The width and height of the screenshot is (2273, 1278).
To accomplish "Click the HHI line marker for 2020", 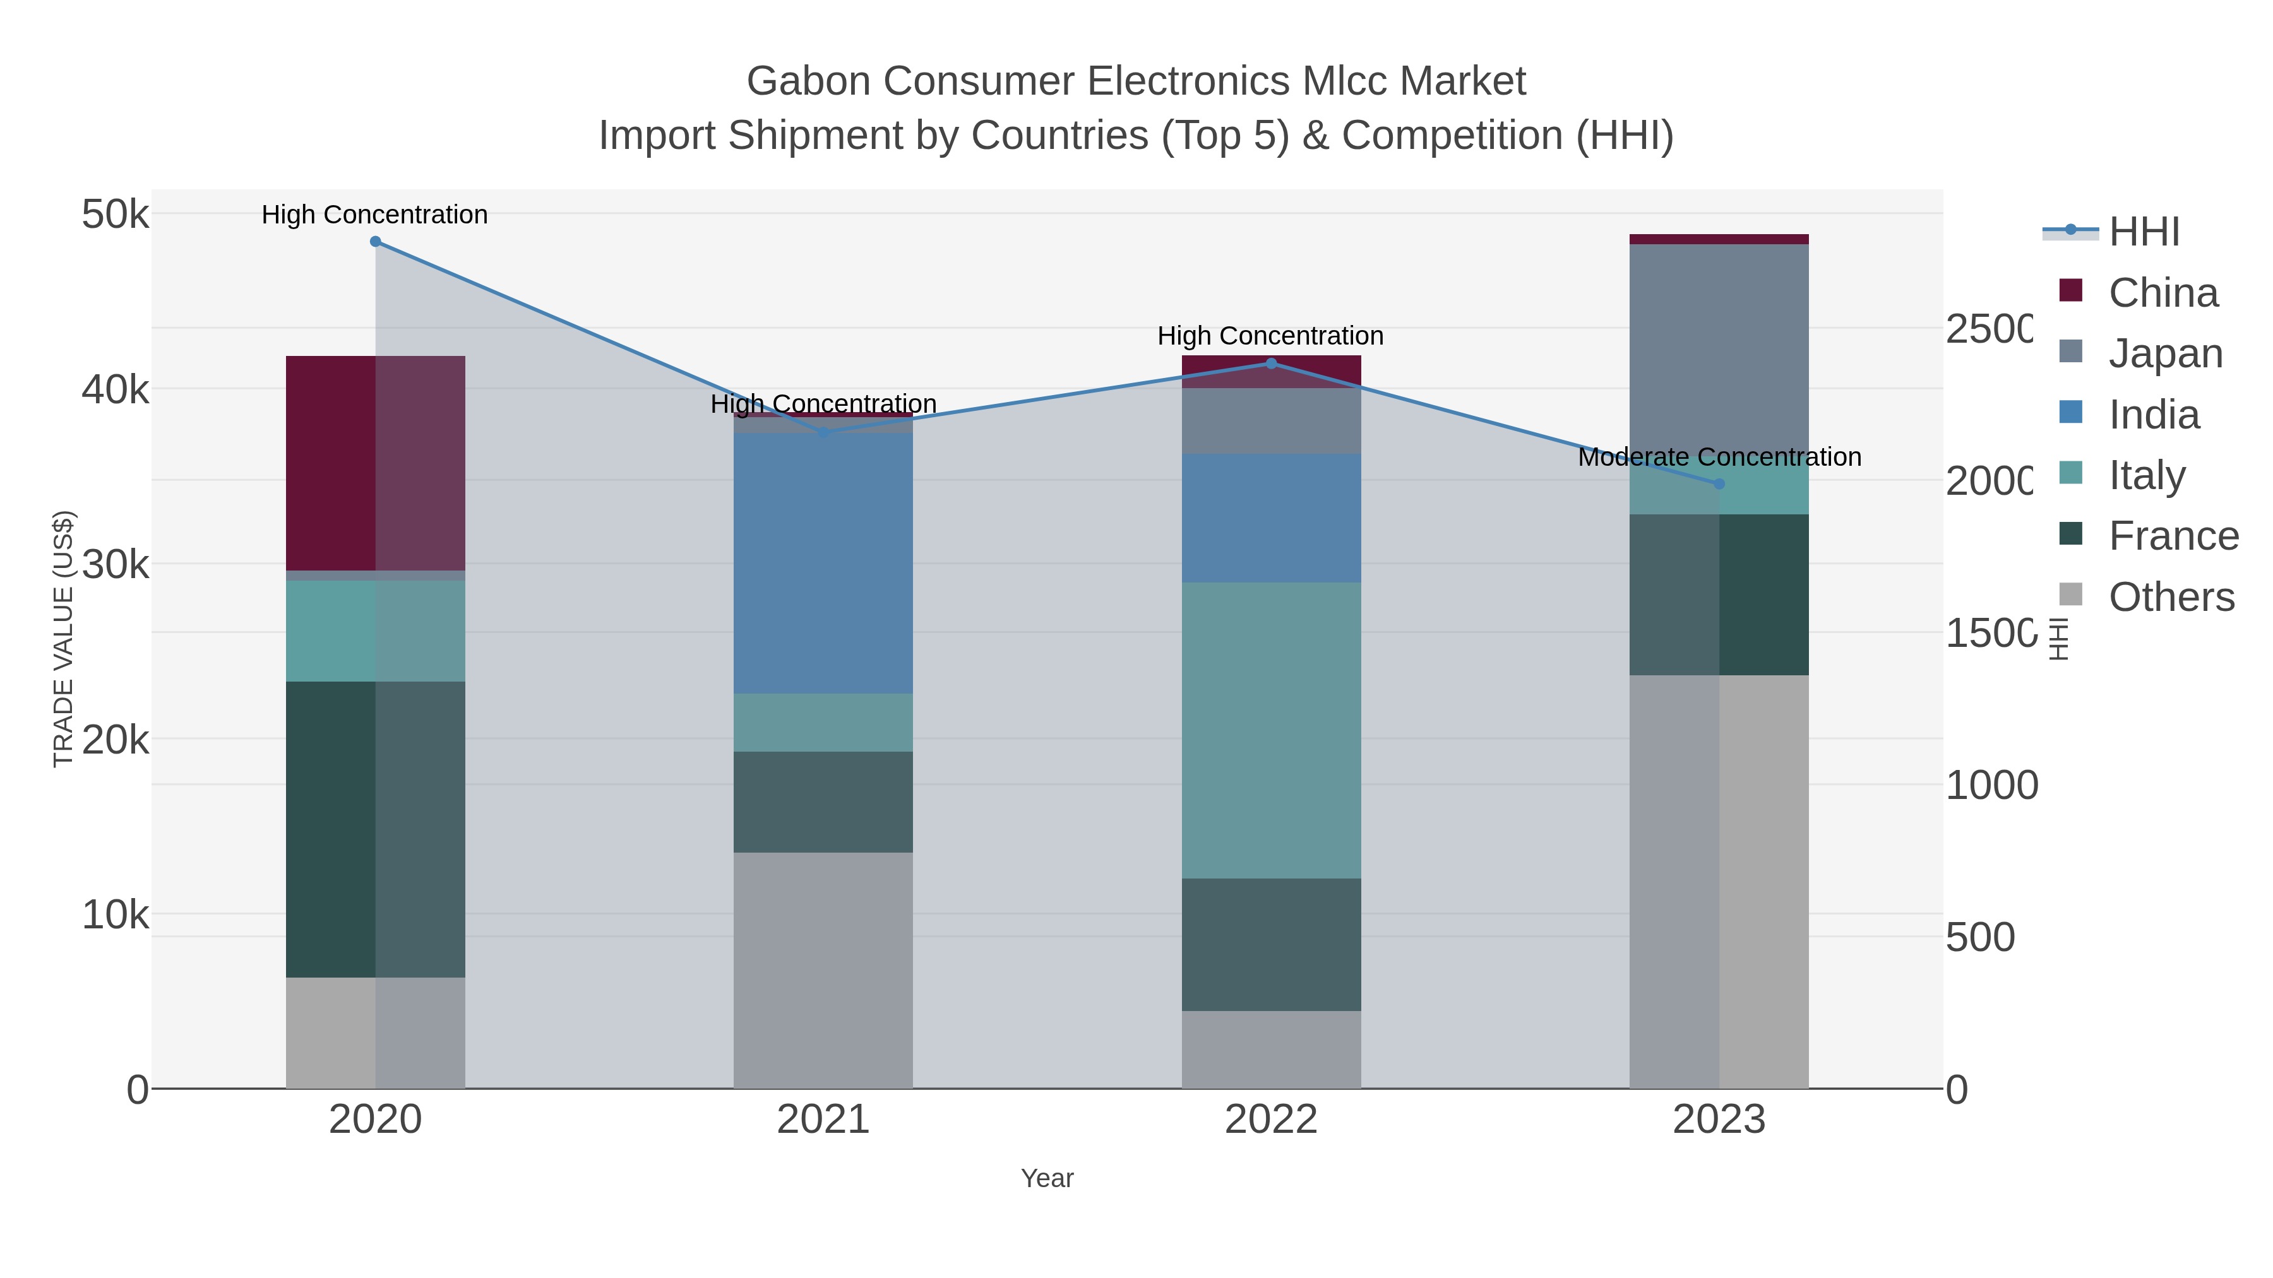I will tap(375, 242).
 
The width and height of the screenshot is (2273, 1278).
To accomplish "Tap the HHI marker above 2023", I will tap(1718, 484).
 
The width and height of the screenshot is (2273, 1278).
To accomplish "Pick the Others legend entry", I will tap(2171, 597).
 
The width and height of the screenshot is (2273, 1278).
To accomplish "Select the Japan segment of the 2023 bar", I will tap(1718, 353).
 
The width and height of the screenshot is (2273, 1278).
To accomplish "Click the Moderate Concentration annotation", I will tap(1719, 457).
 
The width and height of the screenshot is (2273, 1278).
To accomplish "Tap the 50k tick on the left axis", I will tap(115, 215).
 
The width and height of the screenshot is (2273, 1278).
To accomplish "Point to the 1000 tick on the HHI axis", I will tap(1991, 785).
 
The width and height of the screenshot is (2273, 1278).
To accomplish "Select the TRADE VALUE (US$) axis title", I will tap(64, 639).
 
